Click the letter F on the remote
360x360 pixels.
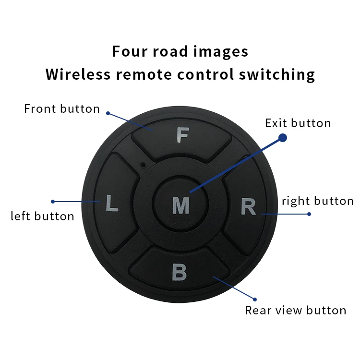point(182,136)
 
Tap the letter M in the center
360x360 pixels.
point(180,205)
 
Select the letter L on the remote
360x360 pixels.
point(111,204)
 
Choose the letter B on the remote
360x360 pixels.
point(179,272)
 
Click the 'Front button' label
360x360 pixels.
point(62,109)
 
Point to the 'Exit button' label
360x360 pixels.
point(298,123)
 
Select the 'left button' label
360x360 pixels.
point(42,216)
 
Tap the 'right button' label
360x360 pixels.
point(317,201)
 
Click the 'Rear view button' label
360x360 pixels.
point(295,311)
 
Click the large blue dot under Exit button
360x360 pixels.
point(283,138)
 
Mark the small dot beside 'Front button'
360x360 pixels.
point(108,113)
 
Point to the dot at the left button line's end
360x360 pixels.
point(52,202)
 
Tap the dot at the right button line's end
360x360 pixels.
point(309,214)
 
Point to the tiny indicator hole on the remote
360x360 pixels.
point(143,165)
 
